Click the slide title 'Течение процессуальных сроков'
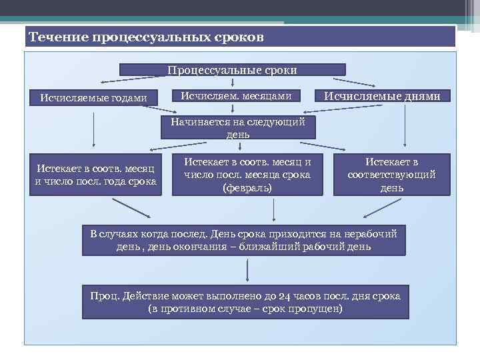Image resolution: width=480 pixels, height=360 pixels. click(x=147, y=37)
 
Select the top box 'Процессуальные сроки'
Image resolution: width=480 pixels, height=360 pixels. click(x=232, y=69)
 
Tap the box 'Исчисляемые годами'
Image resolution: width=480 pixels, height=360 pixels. click(x=93, y=97)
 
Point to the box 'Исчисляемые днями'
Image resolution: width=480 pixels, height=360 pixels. click(x=382, y=96)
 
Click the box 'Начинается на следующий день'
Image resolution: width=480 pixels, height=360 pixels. click(x=237, y=128)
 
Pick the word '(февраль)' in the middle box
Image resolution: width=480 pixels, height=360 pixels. click(x=247, y=188)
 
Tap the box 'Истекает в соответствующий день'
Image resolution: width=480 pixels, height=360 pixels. click(x=391, y=175)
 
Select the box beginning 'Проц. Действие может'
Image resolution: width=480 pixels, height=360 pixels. click(x=245, y=302)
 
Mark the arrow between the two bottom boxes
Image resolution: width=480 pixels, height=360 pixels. click(x=248, y=270)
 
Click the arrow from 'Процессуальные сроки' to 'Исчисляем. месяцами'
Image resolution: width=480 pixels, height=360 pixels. click(x=232, y=82)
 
